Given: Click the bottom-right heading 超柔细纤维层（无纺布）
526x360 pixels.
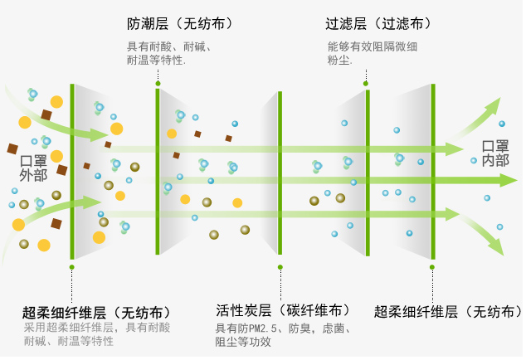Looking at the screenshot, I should [448, 312].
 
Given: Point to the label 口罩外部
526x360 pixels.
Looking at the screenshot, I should [34, 168].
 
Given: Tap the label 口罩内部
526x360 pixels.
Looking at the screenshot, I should [495, 153].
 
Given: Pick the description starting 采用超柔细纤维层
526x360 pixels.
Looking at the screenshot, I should [96, 334].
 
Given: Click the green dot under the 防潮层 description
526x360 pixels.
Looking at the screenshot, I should [158, 83].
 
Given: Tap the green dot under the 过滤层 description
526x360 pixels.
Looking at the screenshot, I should [365, 83].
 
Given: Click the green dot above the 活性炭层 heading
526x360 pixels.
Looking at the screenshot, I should [280, 267].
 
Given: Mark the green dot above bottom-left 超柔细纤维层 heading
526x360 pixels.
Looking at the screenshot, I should [72, 267].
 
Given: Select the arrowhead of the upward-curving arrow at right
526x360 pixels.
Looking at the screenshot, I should [494, 105].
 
